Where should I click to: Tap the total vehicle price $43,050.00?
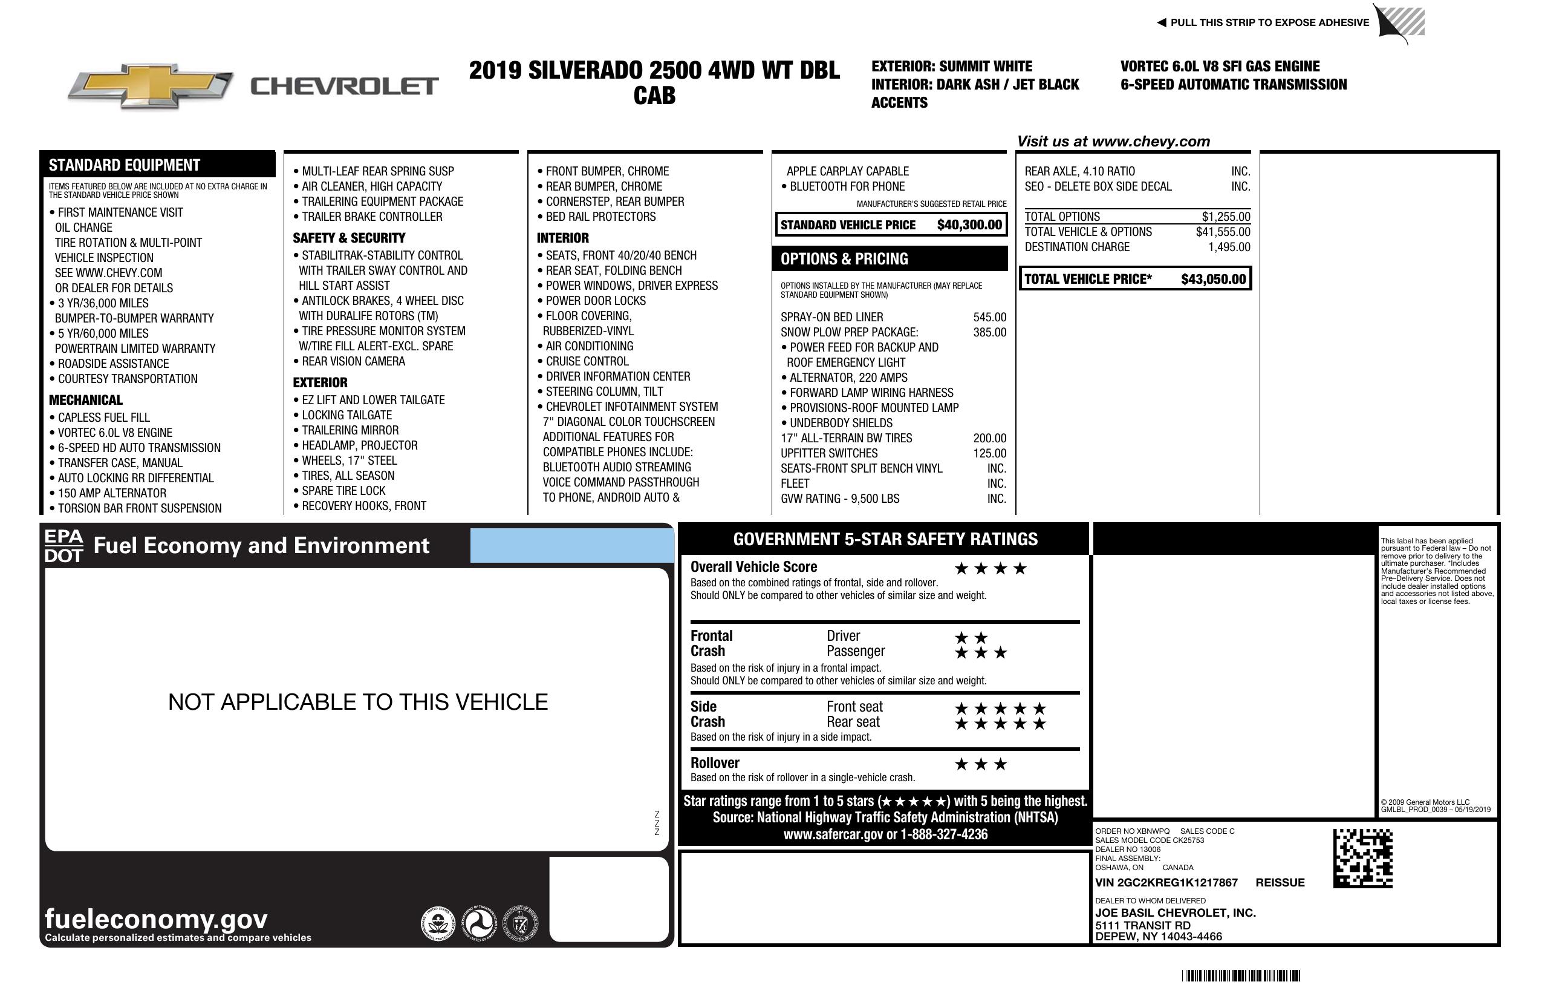click(1213, 280)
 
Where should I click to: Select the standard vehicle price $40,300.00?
click(969, 225)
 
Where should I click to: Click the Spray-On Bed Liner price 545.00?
click(989, 317)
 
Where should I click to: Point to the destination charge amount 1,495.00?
click(1229, 247)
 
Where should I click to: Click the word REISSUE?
click(1280, 882)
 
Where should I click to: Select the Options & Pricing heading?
click(844, 258)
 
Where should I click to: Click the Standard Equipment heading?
click(125, 165)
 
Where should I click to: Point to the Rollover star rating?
click(981, 764)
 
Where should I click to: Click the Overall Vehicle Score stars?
click(991, 569)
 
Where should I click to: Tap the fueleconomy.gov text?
click(156, 919)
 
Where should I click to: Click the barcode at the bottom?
click(1241, 975)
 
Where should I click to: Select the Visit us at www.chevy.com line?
click(1113, 142)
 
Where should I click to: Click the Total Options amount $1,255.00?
click(1226, 217)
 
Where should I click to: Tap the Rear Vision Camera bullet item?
click(353, 361)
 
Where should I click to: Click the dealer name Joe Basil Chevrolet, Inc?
click(1176, 913)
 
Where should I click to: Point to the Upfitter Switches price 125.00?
click(989, 453)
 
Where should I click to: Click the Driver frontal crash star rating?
click(971, 638)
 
